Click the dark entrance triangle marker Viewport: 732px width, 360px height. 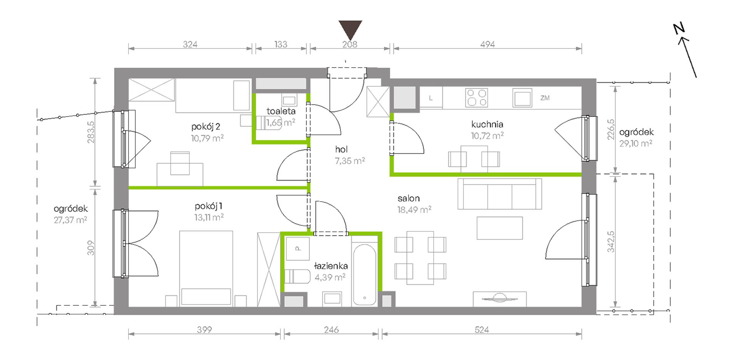click(x=351, y=29)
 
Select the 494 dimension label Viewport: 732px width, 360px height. click(x=487, y=44)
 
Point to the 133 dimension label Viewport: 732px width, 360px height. click(x=281, y=44)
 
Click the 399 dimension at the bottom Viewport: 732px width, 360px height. click(x=204, y=330)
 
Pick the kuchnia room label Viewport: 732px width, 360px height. click(x=487, y=124)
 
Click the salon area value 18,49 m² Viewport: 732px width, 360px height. click(x=414, y=210)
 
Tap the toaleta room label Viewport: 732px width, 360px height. click(x=281, y=111)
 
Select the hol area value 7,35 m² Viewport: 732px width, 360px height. click(x=350, y=161)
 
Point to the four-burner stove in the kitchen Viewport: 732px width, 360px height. click(x=477, y=98)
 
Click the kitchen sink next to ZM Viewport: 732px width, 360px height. click(x=522, y=98)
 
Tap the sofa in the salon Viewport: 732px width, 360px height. click(x=500, y=194)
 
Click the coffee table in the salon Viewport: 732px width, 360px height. click(x=500, y=228)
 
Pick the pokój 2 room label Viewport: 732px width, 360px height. click(x=206, y=127)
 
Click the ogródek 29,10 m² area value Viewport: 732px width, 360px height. click(x=636, y=144)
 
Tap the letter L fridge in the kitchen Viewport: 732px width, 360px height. click(x=431, y=98)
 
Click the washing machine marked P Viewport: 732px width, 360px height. click(x=297, y=249)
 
